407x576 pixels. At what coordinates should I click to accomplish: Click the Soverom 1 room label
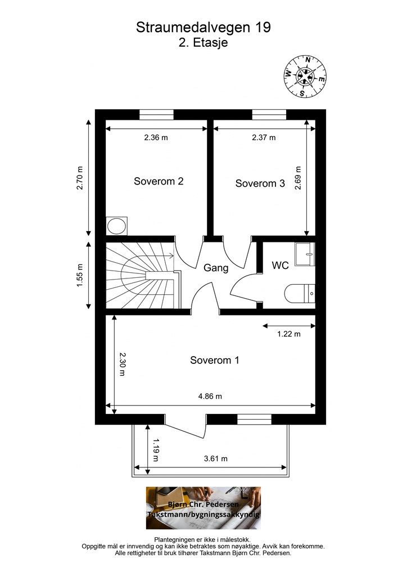pyautogui.click(x=214, y=360)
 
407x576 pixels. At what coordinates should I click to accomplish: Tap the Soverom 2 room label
pyautogui.click(x=159, y=181)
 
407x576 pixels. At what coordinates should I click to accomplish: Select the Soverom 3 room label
pyautogui.click(x=260, y=183)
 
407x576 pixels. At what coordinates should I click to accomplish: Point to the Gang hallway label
pyautogui.click(x=216, y=268)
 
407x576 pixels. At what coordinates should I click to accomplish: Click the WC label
pyautogui.click(x=280, y=265)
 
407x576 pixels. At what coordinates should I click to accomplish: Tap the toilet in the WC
pyautogui.click(x=300, y=293)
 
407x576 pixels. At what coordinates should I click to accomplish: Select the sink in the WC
pyautogui.click(x=305, y=254)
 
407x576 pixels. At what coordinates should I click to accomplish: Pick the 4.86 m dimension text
pyautogui.click(x=210, y=397)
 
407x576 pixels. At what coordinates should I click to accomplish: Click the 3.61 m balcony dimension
pyautogui.click(x=215, y=459)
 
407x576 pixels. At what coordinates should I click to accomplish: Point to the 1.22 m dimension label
pyautogui.click(x=289, y=334)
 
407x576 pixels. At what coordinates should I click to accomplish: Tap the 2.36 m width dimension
pyautogui.click(x=156, y=138)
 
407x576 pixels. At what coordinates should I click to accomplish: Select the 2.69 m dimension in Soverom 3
pyautogui.click(x=298, y=178)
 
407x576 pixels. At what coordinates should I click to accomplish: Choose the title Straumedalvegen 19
pyautogui.click(x=203, y=27)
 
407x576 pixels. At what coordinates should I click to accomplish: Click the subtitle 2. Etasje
pyautogui.click(x=203, y=43)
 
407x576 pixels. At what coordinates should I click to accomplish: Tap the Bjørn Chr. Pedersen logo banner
pyautogui.click(x=203, y=508)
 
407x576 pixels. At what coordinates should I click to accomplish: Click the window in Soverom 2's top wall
pyautogui.click(x=156, y=115)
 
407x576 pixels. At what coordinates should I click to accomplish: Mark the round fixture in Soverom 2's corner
pyautogui.click(x=117, y=225)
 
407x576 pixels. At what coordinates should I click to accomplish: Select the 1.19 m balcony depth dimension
pyautogui.click(x=156, y=449)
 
